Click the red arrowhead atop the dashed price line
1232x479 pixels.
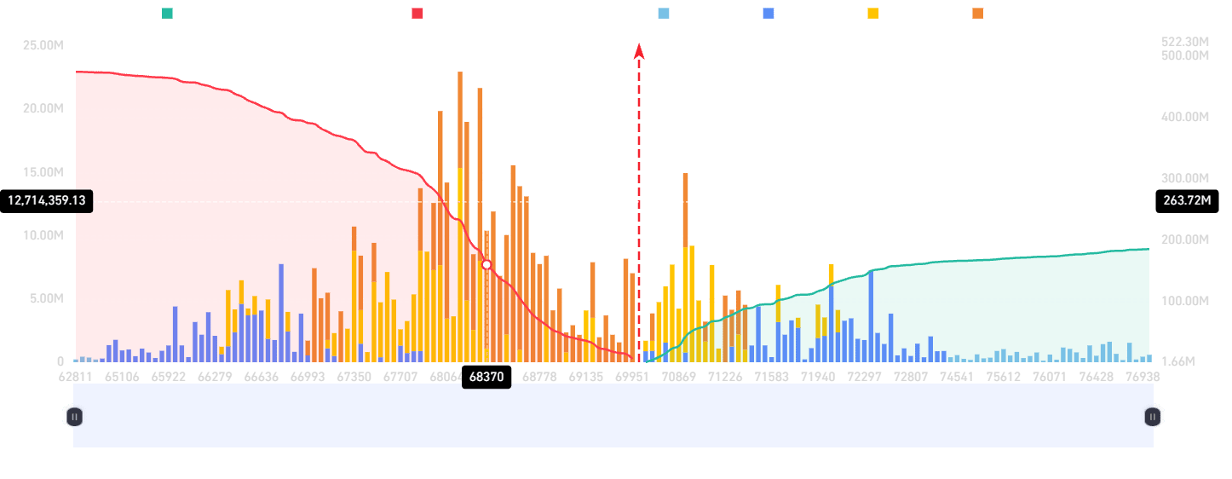click(x=639, y=51)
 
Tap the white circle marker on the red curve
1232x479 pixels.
click(x=486, y=265)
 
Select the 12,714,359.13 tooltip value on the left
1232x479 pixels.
click(x=48, y=201)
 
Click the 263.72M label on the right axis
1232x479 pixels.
click(x=1185, y=201)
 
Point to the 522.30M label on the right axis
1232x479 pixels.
click(x=1185, y=42)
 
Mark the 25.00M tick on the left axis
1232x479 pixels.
click(x=43, y=45)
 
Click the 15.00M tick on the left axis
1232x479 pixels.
click(x=43, y=172)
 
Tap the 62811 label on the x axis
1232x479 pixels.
click(x=76, y=376)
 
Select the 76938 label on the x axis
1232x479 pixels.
click(x=1142, y=376)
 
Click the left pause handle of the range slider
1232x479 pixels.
click(x=74, y=416)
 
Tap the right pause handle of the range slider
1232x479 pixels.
click(x=1153, y=416)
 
